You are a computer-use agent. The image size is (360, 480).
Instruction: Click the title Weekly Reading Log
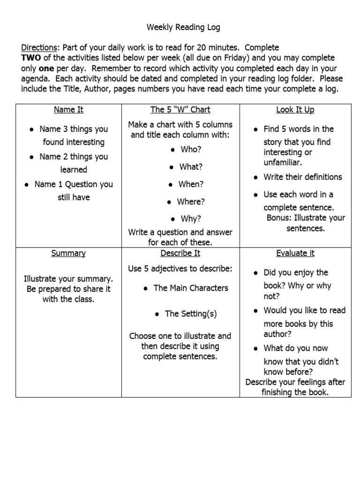(x=183, y=28)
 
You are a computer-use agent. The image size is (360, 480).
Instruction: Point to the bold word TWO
(x=30, y=58)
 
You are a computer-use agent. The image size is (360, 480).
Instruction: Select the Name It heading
(x=68, y=110)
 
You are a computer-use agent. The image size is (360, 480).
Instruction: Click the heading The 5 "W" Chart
(x=180, y=110)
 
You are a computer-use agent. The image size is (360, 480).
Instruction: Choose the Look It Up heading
(x=295, y=110)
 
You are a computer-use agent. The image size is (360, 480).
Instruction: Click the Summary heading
(x=68, y=253)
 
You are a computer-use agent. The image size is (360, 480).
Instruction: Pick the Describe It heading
(x=180, y=253)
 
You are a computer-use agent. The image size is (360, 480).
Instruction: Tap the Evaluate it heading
(x=295, y=253)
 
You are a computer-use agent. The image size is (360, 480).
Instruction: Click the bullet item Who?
(x=190, y=149)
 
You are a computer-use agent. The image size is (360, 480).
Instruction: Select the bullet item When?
(x=191, y=184)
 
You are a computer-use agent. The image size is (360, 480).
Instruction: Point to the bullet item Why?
(x=190, y=219)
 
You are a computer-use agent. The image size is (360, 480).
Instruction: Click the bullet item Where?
(x=191, y=202)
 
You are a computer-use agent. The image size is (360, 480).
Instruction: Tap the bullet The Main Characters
(x=191, y=288)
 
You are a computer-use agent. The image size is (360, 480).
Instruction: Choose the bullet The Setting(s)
(x=191, y=314)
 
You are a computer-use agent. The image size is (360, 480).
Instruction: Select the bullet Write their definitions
(x=302, y=177)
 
